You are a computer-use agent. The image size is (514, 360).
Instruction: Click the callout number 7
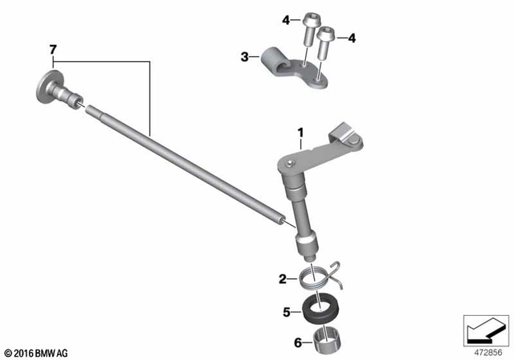point(53,51)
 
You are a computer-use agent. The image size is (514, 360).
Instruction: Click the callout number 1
point(300,130)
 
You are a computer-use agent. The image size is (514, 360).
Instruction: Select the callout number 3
point(244,57)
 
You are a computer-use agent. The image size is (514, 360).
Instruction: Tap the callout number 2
point(283,280)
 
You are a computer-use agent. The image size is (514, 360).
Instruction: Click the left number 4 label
point(284,18)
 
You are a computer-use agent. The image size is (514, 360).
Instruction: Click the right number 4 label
point(350,36)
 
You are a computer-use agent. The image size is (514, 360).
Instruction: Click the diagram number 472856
point(487,351)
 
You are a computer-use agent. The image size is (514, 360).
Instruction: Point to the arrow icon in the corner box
point(484,329)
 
